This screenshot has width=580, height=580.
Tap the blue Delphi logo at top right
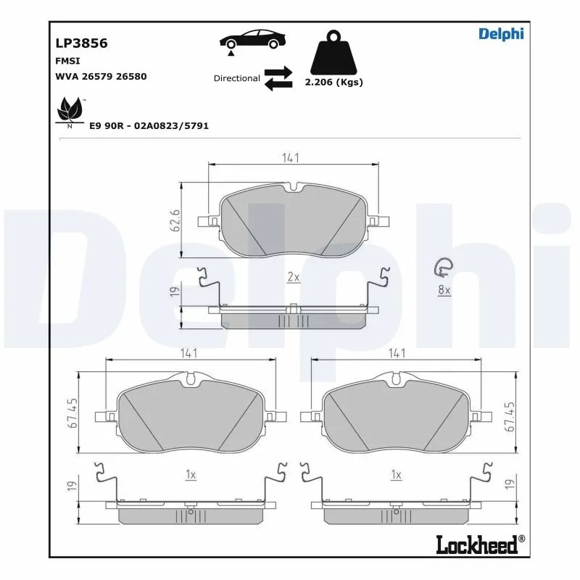[x=500, y=33]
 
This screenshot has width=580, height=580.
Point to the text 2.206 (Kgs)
[x=333, y=83]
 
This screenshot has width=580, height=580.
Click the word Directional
[x=236, y=78]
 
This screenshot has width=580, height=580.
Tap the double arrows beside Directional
[x=278, y=78]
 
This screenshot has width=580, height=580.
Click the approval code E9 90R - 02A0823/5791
[x=149, y=125]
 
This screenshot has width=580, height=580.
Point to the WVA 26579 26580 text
[x=101, y=76]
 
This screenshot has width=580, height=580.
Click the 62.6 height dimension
[x=175, y=219]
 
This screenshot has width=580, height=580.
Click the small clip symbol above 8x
[x=442, y=268]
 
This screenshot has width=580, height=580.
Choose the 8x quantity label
[x=444, y=290]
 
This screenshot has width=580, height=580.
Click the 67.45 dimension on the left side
[x=73, y=414]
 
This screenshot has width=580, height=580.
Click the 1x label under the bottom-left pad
[x=191, y=475]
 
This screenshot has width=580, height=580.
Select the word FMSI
[x=68, y=61]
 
